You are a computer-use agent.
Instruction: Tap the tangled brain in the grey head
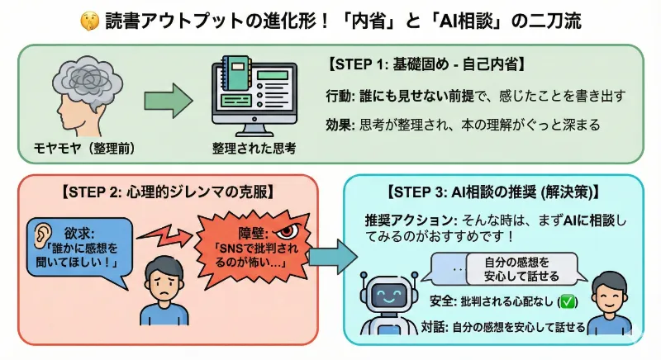click(x=83, y=84)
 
